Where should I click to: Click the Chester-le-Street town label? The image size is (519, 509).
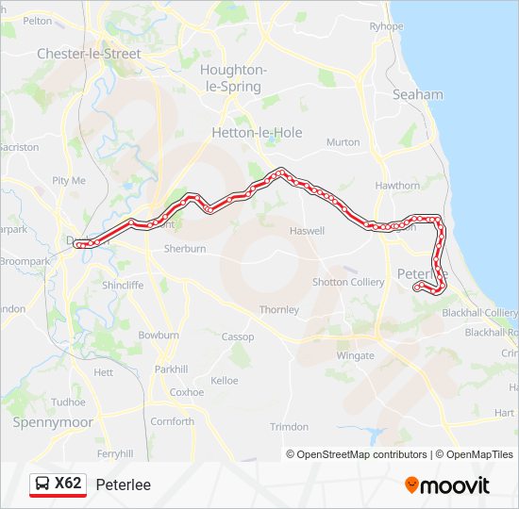coord(89,54)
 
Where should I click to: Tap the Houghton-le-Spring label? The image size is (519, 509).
coord(234,78)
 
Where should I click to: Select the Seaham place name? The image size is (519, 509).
coord(417,94)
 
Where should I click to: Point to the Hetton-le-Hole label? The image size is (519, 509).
coord(258,133)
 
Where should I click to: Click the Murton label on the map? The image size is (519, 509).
coord(343,142)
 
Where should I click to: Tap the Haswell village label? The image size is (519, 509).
coord(307,231)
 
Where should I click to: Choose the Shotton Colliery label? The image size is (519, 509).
coord(348,282)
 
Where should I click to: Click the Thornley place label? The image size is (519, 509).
coord(279,309)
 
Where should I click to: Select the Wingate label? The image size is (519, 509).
coord(355,355)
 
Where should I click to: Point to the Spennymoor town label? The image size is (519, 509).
coord(53,422)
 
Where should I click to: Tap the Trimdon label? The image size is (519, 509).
coord(289,427)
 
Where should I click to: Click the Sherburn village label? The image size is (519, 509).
coord(185,250)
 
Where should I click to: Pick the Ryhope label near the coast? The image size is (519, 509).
coord(386,26)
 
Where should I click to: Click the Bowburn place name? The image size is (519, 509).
coord(158,335)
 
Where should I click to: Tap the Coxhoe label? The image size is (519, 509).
coord(187,392)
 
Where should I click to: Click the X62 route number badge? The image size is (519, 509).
coord(68,484)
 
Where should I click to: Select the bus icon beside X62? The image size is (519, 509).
coord(42,484)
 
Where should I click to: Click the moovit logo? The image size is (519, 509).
coord(447,485)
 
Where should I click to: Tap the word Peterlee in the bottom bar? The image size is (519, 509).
coord(123,484)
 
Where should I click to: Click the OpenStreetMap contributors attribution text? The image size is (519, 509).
coord(360,454)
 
